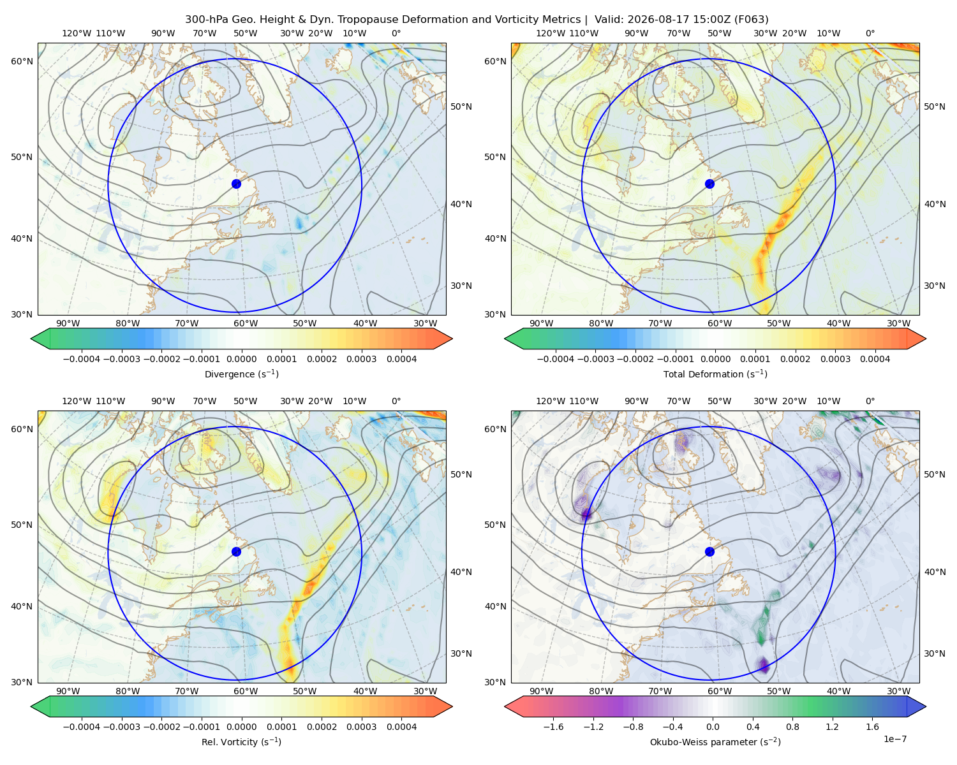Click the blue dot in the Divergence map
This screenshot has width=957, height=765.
[x=236, y=184]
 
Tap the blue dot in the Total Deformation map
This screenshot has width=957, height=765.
[x=709, y=184]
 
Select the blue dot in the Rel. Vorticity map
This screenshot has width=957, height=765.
[x=236, y=551]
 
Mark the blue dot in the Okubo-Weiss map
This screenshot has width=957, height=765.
[x=709, y=551]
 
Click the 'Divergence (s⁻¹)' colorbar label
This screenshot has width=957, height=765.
[x=241, y=374]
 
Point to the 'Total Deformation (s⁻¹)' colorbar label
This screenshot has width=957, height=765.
[x=715, y=374]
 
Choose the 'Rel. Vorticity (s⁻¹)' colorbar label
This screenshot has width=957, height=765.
[x=241, y=742]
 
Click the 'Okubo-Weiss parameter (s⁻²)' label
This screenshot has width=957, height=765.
[x=715, y=742]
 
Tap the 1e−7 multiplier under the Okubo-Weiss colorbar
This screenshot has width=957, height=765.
[x=894, y=739]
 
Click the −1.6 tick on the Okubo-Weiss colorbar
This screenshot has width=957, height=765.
[x=553, y=727]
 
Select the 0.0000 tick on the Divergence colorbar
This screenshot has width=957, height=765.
[x=241, y=359]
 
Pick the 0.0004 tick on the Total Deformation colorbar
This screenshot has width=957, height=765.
[x=875, y=359]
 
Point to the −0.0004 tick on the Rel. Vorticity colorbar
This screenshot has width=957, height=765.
[x=82, y=727]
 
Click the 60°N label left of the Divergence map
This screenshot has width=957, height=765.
[x=22, y=61]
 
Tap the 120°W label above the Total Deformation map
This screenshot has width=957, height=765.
[x=550, y=33]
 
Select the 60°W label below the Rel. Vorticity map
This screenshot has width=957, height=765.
[x=246, y=691]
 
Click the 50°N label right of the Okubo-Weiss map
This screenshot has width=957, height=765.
[x=935, y=474]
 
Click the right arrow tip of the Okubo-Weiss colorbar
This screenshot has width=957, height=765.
[x=926, y=706]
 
